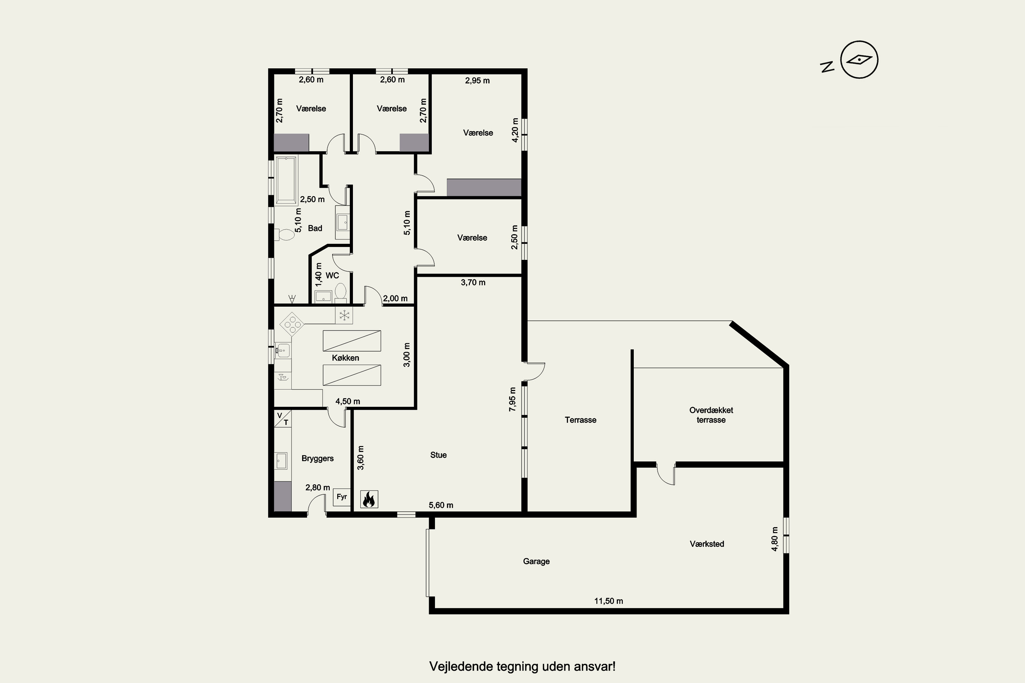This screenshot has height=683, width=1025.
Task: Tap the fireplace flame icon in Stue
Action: tap(369, 499)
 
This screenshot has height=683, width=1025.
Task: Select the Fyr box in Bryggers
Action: tap(342, 497)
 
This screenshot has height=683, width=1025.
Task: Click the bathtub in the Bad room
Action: tap(286, 180)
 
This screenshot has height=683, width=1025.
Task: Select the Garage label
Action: tap(536, 561)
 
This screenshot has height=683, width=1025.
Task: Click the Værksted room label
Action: tap(707, 544)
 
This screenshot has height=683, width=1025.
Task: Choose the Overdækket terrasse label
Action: tap(711, 415)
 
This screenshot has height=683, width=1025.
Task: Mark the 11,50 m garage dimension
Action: tap(609, 601)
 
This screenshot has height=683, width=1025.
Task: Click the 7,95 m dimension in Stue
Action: tap(512, 399)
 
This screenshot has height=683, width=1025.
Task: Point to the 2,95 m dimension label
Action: tap(477, 81)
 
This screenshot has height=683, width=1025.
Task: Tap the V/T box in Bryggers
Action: tap(283, 419)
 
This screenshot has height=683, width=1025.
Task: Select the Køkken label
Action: tap(345, 358)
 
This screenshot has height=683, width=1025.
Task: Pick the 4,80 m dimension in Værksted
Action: tap(775, 539)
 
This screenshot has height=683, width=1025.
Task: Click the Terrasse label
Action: tap(580, 420)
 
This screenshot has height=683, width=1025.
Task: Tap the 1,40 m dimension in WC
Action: tap(318, 275)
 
